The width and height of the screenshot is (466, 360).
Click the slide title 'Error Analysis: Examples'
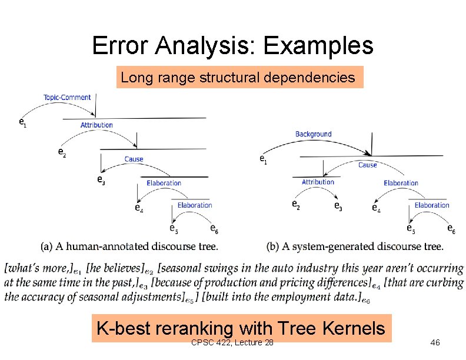(x=232, y=45)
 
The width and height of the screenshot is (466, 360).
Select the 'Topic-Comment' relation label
(x=67, y=97)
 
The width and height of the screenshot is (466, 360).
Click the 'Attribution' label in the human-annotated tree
(x=96, y=125)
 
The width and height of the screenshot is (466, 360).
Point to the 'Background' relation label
(x=313, y=134)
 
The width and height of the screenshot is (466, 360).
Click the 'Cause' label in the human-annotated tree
(x=134, y=159)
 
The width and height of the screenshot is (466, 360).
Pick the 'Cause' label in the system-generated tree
(x=367, y=165)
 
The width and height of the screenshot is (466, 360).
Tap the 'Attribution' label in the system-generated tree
(x=318, y=182)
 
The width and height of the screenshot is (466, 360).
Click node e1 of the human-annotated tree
(x=22, y=122)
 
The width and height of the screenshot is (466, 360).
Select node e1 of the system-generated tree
(x=263, y=159)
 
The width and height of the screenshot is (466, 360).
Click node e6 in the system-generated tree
(x=451, y=228)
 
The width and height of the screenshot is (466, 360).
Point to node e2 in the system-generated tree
(x=295, y=205)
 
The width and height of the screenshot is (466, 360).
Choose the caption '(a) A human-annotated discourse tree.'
(x=129, y=246)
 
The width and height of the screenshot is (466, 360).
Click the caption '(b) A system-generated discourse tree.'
(x=355, y=246)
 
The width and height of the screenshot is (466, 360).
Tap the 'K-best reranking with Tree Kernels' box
(x=240, y=328)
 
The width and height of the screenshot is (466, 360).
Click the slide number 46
(x=435, y=343)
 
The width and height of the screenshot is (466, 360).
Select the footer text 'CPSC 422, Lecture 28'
(x=232, y=343)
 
